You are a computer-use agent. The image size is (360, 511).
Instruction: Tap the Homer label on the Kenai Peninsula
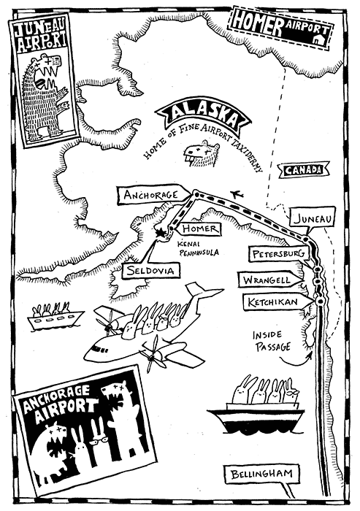click(x=199, y=228)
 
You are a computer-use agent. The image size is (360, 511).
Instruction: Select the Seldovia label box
click(x=150, y=271)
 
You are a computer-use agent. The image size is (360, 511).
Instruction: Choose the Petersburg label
click(x=278, y=253)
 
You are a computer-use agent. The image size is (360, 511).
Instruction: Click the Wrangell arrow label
click(x=271, y=280)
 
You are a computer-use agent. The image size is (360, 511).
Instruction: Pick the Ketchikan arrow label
click(x=277, y=302)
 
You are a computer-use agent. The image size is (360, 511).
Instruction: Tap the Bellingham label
click(x=262, y=474)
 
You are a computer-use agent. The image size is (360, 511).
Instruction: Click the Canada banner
click(x=303, y=170)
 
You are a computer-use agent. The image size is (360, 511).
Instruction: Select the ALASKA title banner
click(x=204, y=116)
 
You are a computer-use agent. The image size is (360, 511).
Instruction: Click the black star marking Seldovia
click(x=160, y=233)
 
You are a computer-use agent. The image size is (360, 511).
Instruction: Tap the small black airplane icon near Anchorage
click(x=237, y=195)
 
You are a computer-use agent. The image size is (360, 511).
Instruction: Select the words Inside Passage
click(x=272, y=341)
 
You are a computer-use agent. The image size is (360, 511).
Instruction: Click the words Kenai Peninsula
click(x=199, y=248)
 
